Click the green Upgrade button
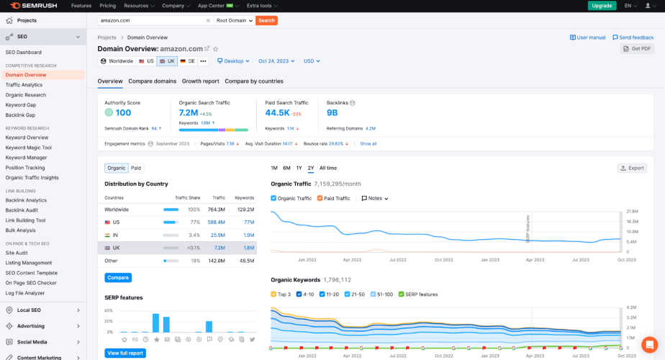point(602,6)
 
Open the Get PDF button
point(637,48)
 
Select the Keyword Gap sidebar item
point(20,104)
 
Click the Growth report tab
point(200,81)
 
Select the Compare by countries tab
point(254,81)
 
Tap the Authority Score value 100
point(123,113)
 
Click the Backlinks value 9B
point(332,113)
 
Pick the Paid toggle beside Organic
point(136,168)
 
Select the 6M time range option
point(286,168)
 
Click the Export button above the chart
point(632,168)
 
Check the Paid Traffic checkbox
point(320,198)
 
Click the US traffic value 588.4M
point(216,222)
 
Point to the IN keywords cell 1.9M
point(248,235)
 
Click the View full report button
point(125,353)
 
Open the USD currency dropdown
point(313,61)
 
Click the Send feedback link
point(633,37)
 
